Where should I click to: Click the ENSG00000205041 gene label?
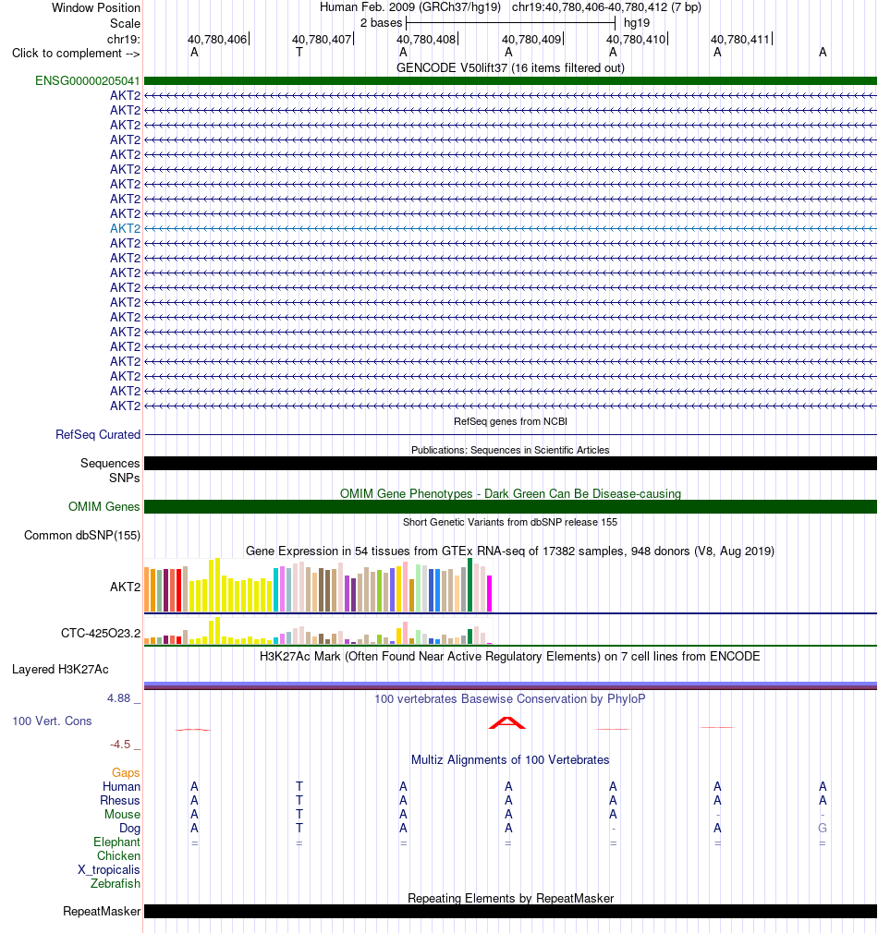(88, 81)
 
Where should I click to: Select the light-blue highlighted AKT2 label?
(125, 228)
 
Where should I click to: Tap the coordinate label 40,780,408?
(426, 40)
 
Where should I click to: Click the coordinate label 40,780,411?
(740, 40)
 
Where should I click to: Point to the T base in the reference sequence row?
(299, 53)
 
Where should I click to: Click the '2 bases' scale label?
(381, 22)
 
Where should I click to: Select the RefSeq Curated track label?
(98, 434)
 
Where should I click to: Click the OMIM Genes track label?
(104, 506)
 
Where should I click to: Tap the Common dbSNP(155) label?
(82, 535)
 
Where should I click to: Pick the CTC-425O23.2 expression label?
(101, 633)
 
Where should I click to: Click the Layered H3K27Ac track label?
(60, 670)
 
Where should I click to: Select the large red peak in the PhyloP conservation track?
(507, 722)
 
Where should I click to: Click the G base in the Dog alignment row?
(823, 829)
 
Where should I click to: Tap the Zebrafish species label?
(116, 884)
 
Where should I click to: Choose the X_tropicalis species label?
(109, 870)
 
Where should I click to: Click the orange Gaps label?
(126, 773)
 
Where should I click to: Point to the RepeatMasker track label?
(102, 912)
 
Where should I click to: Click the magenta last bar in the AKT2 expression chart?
(490, 593)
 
